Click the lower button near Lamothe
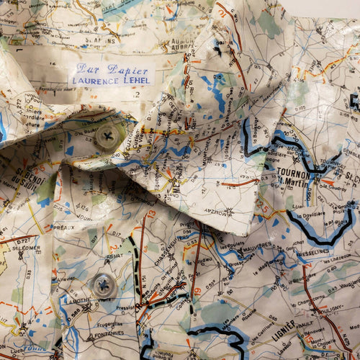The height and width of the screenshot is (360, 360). click(x=104, y=285)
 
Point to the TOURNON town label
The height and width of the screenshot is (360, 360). click(x=294, y=172)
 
